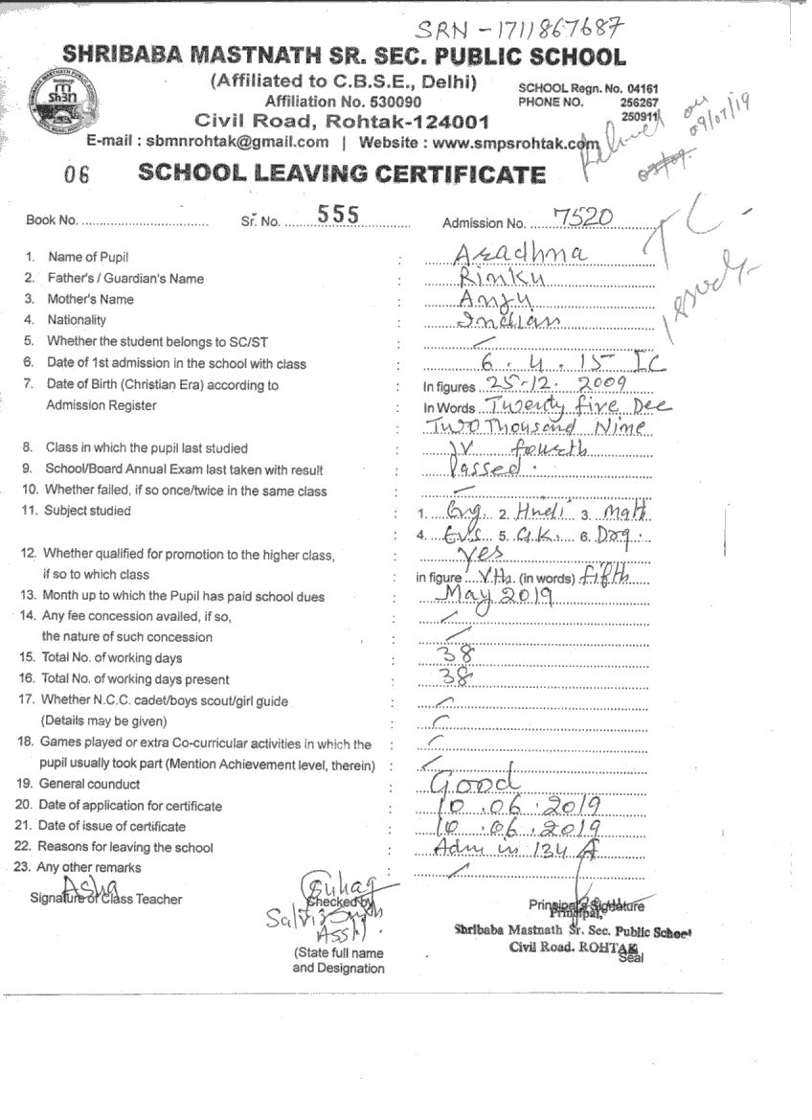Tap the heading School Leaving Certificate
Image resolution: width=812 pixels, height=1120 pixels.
342,173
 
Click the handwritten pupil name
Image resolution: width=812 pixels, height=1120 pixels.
507,253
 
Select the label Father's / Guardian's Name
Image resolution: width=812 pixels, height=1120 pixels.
125,279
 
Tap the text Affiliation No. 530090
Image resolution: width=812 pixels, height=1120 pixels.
343,102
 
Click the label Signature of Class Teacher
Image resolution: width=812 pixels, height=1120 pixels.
105,899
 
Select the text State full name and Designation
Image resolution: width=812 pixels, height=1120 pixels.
339,961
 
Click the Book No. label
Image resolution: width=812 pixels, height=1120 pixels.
52,220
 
